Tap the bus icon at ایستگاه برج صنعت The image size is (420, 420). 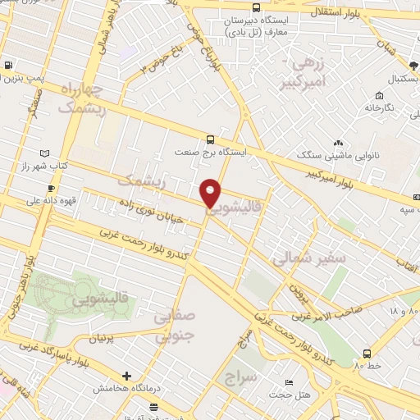(x=211, y=139)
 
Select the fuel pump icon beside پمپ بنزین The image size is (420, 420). (x=8, y=66)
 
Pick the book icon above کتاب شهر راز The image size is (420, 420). (x=44, y=153)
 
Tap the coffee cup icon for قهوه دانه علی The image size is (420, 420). (x=52, y=188)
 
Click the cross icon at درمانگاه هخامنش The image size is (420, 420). (x=126, y=375)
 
